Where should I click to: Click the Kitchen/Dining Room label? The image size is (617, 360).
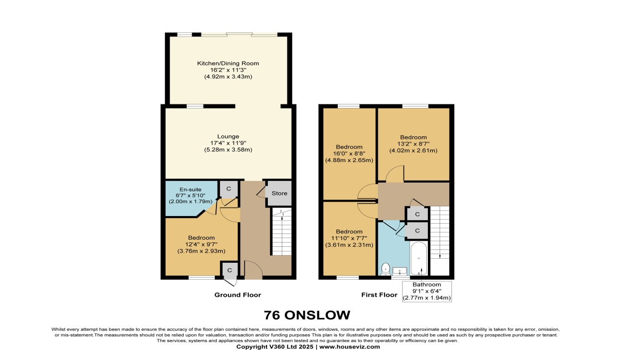pyautogui.click(x=228, y=63)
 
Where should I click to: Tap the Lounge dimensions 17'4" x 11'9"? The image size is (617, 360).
pyautogui.click(x=228, y=143)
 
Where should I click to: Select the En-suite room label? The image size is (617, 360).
pyautogui.click(x=184, y=190)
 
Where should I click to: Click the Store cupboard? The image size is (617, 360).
pyautogui.click(x=279, y=193)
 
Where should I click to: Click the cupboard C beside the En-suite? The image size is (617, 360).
pyautogui.click(x=229, y=189)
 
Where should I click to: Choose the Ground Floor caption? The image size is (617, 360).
pyautogui.click(x=238, y=295)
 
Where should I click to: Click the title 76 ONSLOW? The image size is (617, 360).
pyautogui.click(x=307, y=315)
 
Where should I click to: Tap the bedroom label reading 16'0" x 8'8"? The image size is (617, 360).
pyautogui.click(x=349, y=153)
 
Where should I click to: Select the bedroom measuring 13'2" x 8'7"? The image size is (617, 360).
pyautogui.click(x=413, y=144)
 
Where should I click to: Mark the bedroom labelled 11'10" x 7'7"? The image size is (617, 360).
pyautogui.click(x=349, y=238)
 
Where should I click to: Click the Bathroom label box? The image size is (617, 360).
pyautogui.click(x=427, y=291)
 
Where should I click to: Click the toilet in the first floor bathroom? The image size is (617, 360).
pyautogui.click(x=386, y=268)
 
